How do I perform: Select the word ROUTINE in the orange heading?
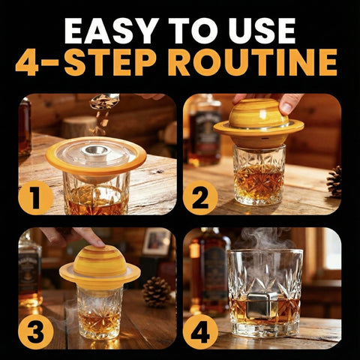click(253, 62)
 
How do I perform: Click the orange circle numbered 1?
click(36, 197)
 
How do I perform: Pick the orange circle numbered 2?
click(200, 197)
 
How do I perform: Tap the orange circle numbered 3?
click(36, 331)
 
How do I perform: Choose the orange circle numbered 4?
click(200, 331)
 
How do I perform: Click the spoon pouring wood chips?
click(105, 100)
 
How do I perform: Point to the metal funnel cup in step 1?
click(96, 151)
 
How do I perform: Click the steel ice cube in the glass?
click(262, 305)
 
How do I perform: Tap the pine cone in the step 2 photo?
click(334, 181)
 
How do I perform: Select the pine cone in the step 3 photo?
click(157, 292)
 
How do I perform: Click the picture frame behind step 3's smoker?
click(157, 241)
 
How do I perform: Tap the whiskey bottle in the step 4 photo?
click(209, 271)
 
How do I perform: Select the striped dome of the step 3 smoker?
click(100, 261)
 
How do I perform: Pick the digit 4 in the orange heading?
click(27, 62)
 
